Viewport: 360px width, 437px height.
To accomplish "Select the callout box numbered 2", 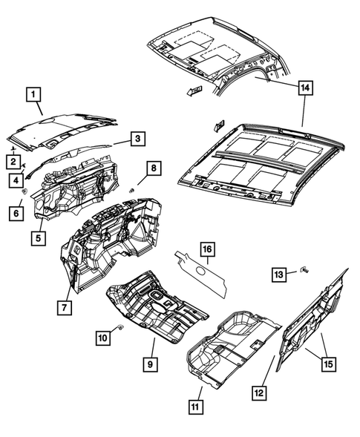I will tap(13, 161).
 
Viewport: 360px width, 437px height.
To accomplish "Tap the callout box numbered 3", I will tap(138, 138).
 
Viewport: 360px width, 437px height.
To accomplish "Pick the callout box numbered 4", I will tap(14, 179).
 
